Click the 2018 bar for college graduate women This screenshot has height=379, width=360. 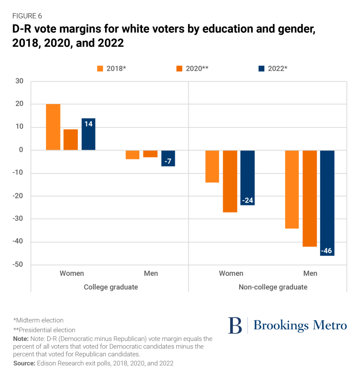coord(53,127)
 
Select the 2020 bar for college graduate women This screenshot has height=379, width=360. coord(71,140)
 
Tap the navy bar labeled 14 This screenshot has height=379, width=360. coord(88,134)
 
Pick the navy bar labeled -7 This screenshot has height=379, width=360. coord(168,159)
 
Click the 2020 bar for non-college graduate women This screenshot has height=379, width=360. coord(230,181)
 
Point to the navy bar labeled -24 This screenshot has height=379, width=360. coord(247,178)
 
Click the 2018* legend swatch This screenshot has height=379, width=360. coord(100,68)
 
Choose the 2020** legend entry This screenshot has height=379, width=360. coord(192,68)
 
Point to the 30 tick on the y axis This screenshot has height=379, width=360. coord(19,81)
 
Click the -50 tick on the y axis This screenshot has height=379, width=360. coord(17,265)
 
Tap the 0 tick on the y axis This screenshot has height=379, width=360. coord(21,150)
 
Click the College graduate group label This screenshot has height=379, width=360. coord(111,287)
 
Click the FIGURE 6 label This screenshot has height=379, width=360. coord(28,16)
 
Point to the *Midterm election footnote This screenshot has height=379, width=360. coord(38,320)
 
